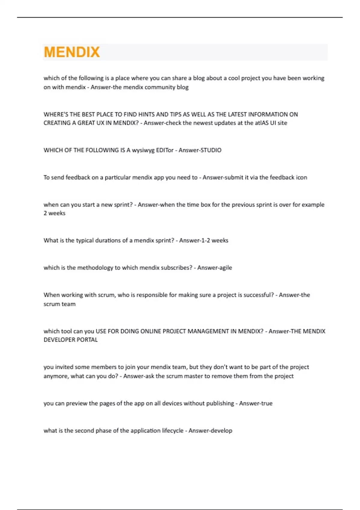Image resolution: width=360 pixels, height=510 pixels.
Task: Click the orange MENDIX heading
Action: point(72,52)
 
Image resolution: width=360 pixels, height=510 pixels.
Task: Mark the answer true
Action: point(266,403)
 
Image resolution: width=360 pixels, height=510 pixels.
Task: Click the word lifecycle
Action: point(172,431)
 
